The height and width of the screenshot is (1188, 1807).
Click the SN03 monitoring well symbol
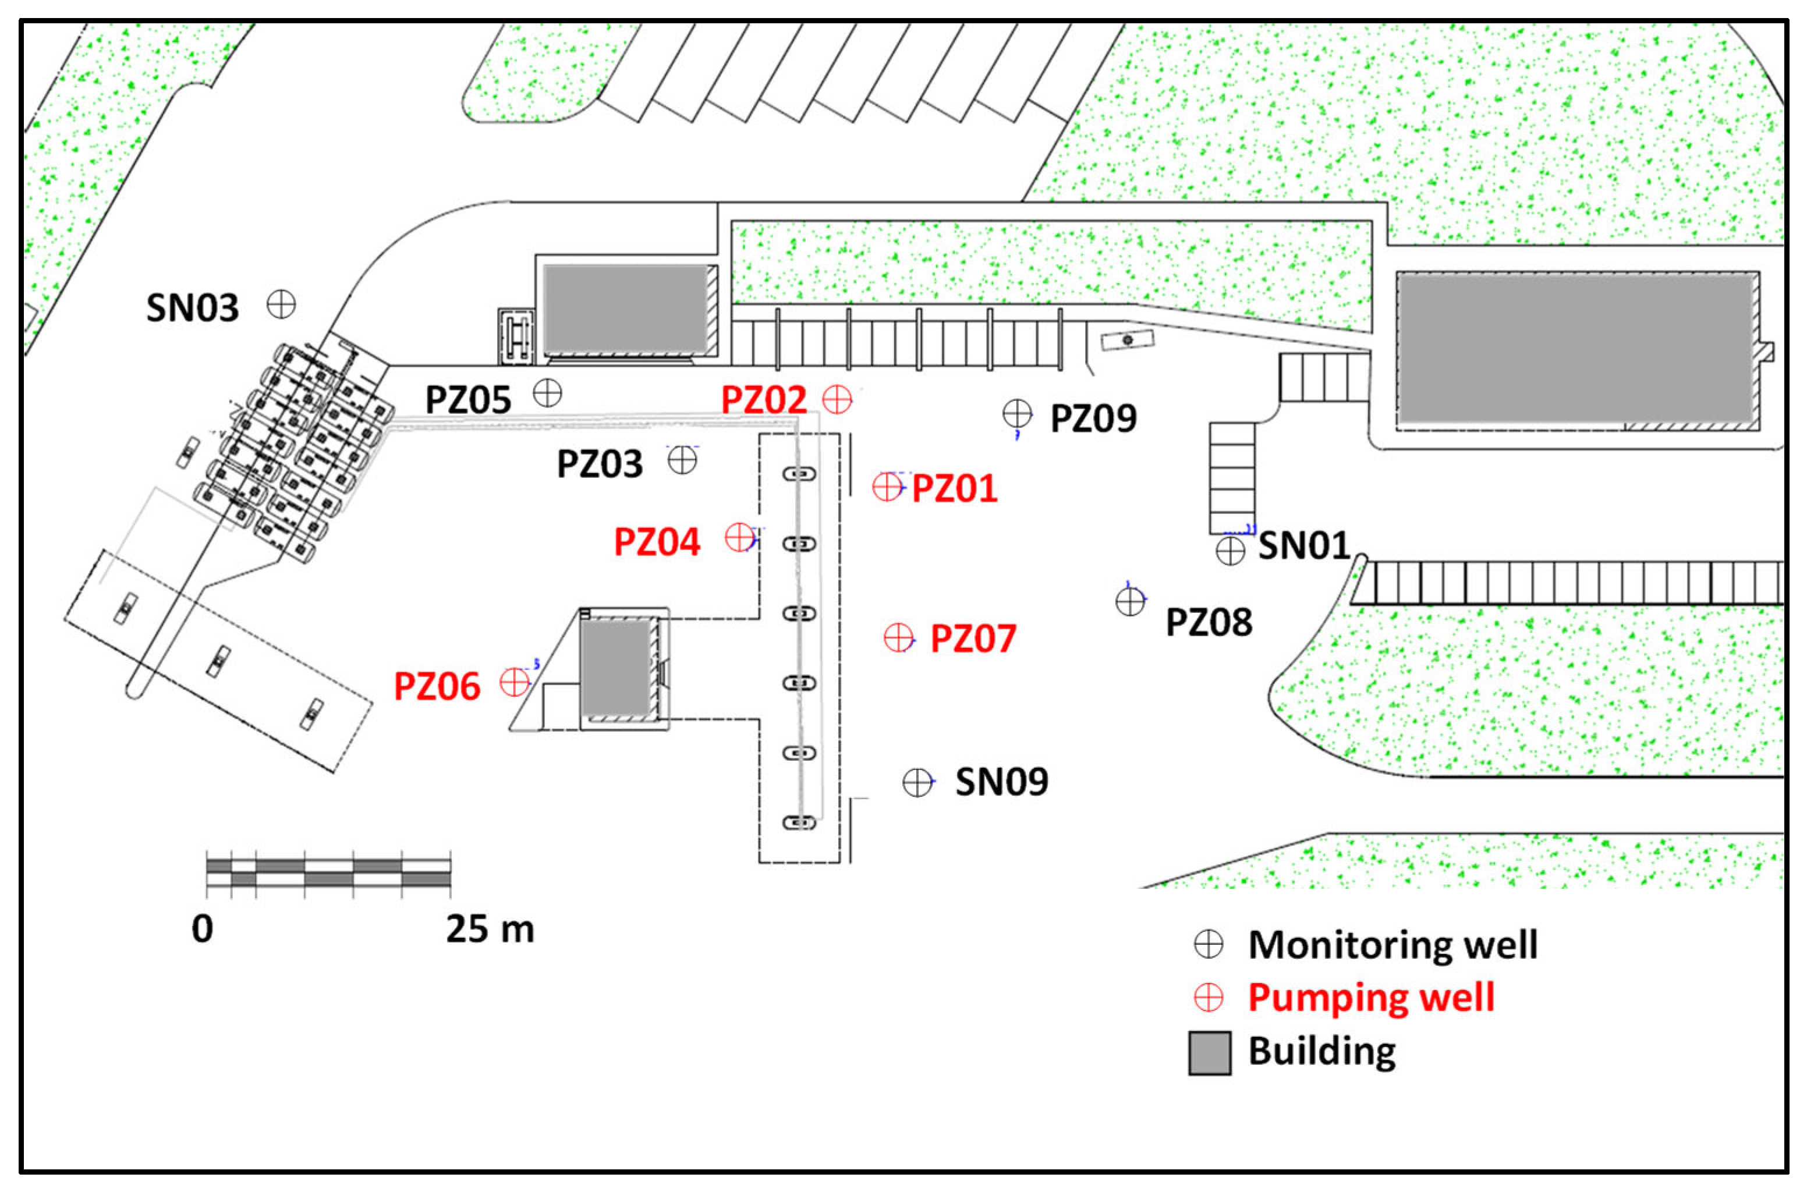click(281, 304)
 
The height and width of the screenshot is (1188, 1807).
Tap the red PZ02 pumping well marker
click(838, 399)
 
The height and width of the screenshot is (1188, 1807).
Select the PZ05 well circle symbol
click(547, 393)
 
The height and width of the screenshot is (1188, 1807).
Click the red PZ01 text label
click(954, 488)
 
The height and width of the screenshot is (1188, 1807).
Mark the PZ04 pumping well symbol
click(739, 537)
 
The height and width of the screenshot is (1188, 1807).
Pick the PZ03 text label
click(600, 464)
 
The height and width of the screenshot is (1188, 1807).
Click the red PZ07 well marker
click(899, 637)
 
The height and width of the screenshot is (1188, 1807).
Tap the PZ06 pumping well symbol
click(515, 682)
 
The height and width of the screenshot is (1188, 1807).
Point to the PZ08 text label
click(1209, 622)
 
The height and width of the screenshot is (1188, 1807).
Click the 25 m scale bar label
click(490, 928)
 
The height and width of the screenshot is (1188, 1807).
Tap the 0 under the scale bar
click(202, 928)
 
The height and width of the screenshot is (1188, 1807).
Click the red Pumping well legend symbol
click(1209, 998)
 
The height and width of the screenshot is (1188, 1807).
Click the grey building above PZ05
click(626, 307)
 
